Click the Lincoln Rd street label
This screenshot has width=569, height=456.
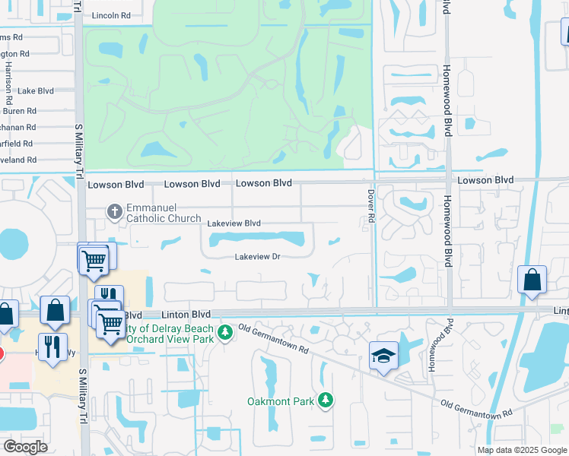tap(111, 15)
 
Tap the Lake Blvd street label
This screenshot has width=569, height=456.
tap(36, 90)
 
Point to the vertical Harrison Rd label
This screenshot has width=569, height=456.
tap(8, 83)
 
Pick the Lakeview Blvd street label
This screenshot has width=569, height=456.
tap(234, 223)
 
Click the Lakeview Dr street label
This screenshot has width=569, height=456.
tap(258, 257)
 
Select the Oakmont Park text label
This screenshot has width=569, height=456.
tap(281, 401)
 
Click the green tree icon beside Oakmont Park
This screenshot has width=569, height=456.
tap(325, 400)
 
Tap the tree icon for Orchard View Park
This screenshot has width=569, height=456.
tap(224, 332)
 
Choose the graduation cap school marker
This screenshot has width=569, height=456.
tap(383, 356)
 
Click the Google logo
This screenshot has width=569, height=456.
tap(25, 447)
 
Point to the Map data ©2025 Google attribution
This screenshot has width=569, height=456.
tap(522, 450)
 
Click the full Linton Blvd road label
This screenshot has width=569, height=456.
tap(186, 314)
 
